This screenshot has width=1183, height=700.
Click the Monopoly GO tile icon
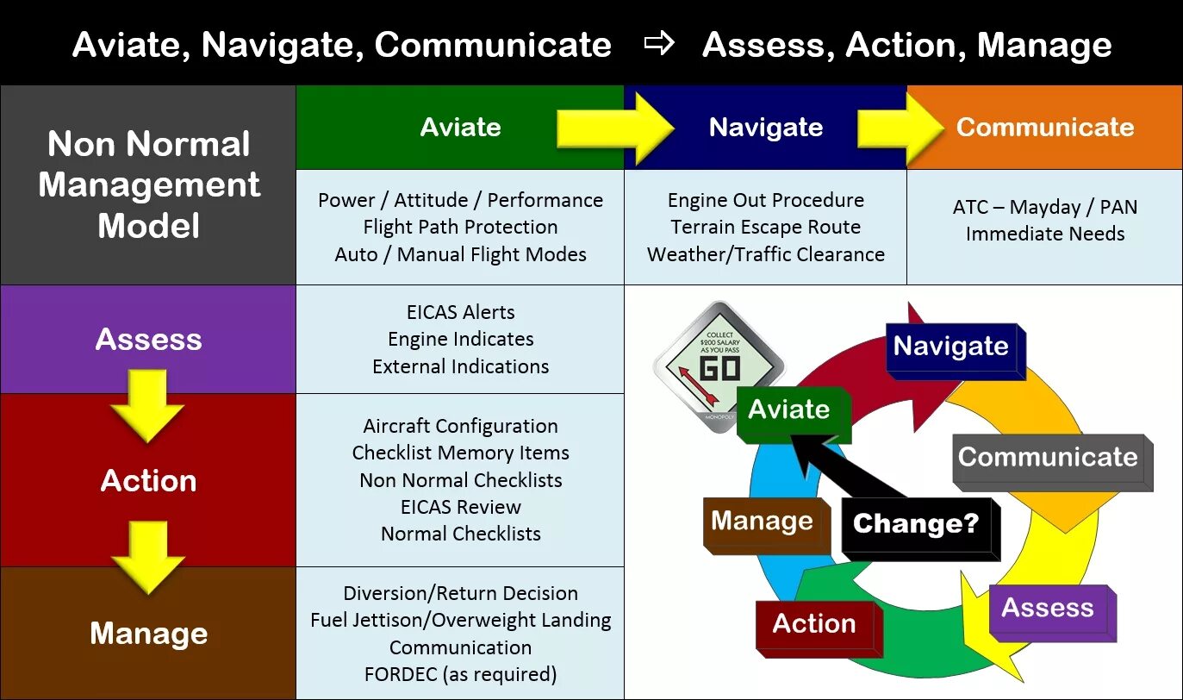(x=719, y=363)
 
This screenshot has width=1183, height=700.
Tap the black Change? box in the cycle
(x=917, y=524)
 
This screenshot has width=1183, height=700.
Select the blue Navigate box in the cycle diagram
(x=951, y=347)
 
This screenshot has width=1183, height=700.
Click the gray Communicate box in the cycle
(x=1049, y=458)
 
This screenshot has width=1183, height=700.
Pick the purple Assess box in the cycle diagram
(x=1048, y=609)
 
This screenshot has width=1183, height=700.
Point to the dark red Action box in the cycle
(x=815, y=624)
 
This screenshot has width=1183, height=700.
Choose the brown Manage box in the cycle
(x=763, y=522)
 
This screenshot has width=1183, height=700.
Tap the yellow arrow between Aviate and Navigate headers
(x=615, y=128)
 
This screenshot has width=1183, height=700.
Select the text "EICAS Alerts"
(x=460, y=312)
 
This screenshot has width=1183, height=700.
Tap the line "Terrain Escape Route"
(x=765, y=227)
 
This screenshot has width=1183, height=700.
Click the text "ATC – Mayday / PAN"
(x=1044, y=207)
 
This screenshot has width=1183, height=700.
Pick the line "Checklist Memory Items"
(x=460, y=453)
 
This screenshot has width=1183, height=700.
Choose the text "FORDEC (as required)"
(x=460, y=673)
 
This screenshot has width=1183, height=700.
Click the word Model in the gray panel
(x=148, y=226)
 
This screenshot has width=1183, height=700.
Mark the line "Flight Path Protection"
(x=460, y=227)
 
